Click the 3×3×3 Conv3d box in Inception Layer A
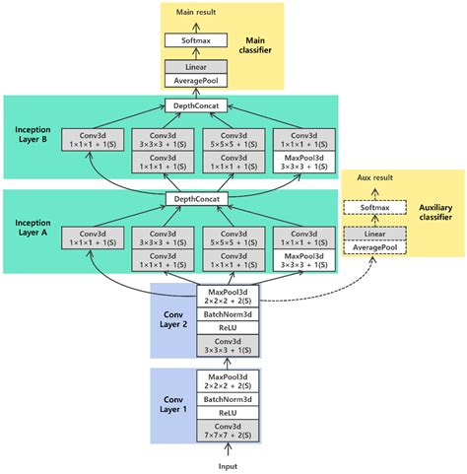(x=166, y=237)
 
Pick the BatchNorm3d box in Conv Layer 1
(x=228, y=399)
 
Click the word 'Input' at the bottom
(x=228, y=464)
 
